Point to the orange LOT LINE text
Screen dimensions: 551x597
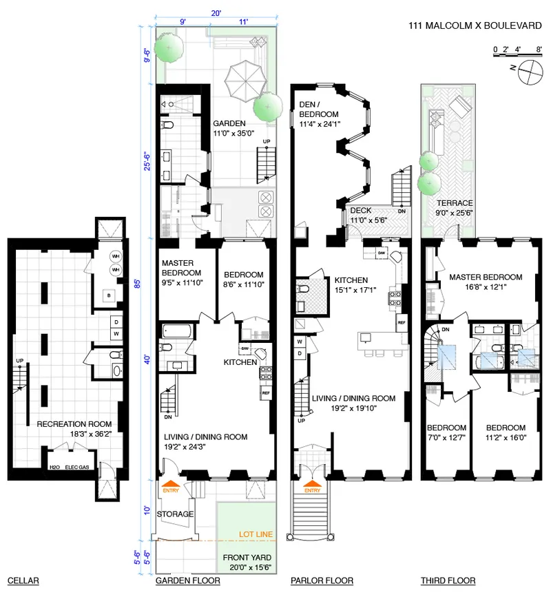[x=254, y=534]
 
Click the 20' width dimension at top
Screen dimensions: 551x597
[x=216, y=12]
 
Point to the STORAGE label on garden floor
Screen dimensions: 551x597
[x=176, y=514]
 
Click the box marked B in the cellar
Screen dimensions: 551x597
[x=107, y=295]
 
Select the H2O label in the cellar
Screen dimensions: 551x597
[x=55, y=467]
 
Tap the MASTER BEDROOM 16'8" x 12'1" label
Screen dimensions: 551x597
[x=486, y=282]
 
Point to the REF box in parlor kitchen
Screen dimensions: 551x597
[x=401, y=322]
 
